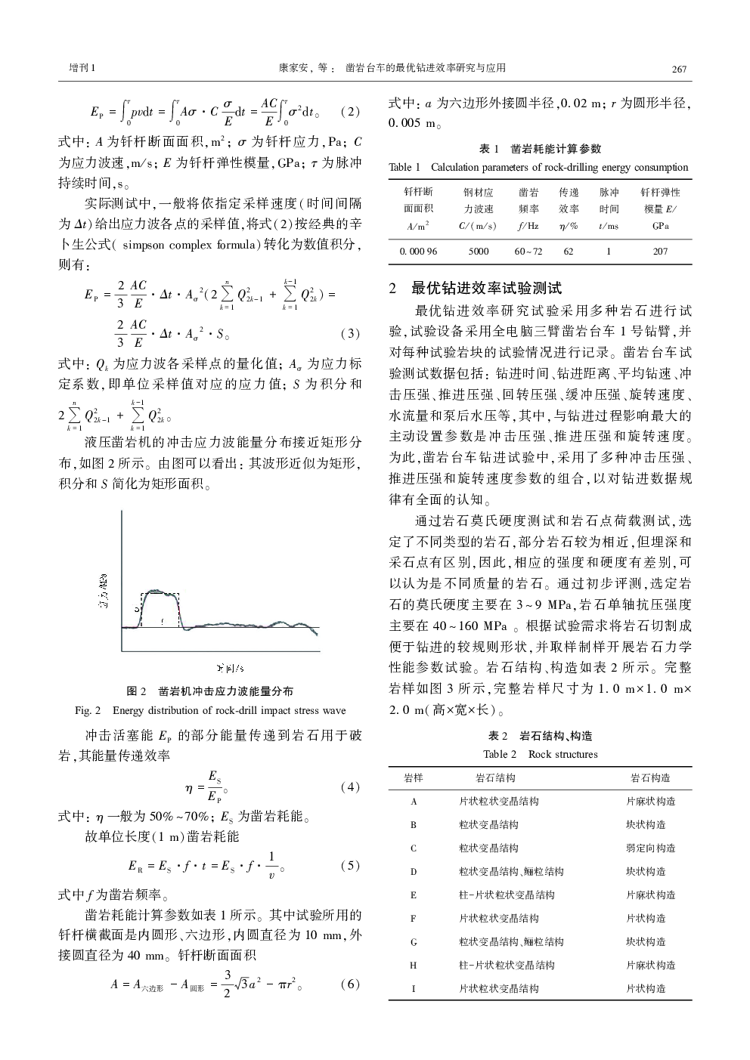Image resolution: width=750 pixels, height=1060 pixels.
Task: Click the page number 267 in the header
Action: (678, 70)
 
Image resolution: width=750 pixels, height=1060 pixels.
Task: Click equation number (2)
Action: (349, 111)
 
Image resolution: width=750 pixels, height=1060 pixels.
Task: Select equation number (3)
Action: (349, 333)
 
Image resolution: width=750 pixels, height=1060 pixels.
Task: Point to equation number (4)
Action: (349, 787)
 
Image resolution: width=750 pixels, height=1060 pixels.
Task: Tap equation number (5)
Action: (349, 866)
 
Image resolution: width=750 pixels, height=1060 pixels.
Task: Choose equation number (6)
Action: (349, 984)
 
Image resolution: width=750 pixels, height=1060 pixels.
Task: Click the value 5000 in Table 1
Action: (479, 251)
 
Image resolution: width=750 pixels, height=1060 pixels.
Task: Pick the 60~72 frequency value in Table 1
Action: (528, 251)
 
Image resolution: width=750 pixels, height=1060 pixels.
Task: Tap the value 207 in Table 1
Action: (660, 251)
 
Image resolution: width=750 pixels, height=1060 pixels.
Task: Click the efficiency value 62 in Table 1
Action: (569, 251)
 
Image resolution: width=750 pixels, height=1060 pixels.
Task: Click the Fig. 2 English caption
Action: (210, 710)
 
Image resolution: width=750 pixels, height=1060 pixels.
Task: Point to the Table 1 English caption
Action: (538, 167)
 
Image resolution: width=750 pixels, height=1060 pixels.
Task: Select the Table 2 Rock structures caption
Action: (540, 754)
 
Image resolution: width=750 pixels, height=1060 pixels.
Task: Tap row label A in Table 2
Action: (414, 802)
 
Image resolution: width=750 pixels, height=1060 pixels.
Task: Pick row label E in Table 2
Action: (414, 895)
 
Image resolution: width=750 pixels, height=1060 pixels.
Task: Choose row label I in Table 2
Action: (414, 988)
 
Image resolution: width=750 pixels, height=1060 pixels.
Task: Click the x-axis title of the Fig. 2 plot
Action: (229, 667)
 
